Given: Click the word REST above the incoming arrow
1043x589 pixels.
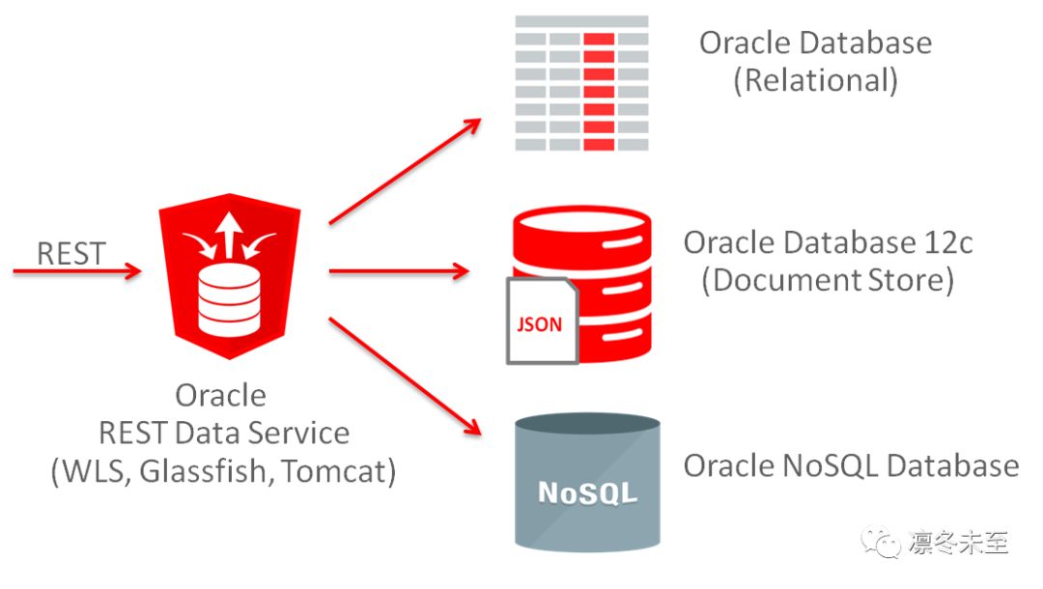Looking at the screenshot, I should tap(70, 253).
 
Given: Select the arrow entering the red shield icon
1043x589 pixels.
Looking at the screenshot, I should tap(76, 272).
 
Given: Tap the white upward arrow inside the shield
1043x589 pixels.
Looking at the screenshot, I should tap(228, 235).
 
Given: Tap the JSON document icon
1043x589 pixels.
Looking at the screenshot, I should tap(541, 322).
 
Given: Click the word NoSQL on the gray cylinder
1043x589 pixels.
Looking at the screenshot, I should tap(587, 492).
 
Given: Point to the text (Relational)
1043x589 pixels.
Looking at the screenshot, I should tap(815, 81).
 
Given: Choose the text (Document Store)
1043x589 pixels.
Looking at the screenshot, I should tap(828, 281).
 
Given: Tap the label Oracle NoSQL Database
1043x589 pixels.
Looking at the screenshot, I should tap(851, 465).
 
